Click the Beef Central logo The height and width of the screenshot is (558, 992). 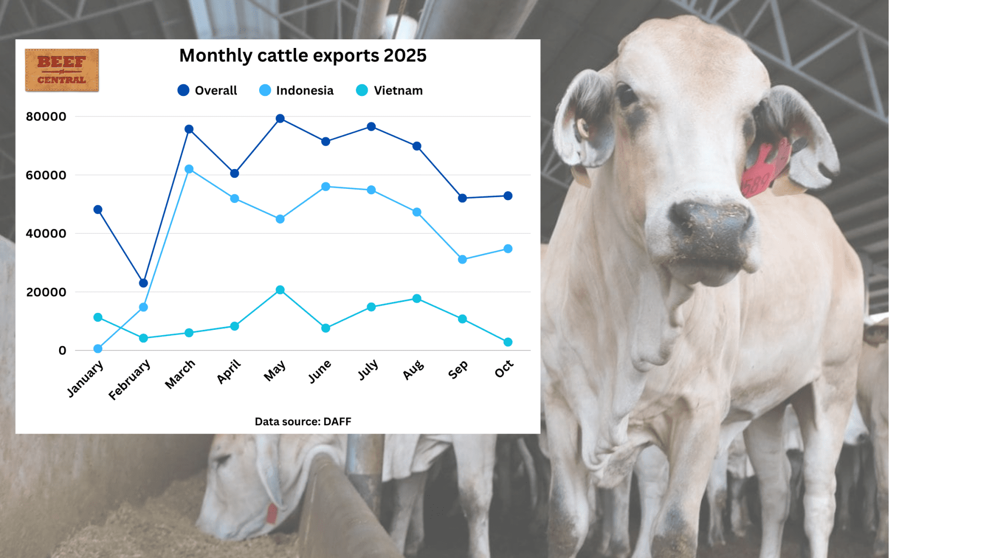[x=62, y=70]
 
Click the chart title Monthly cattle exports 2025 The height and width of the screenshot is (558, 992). [x=303, y=56]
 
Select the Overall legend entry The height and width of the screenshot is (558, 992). [x=207, y=91]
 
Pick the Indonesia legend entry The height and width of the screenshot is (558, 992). [x=296, y=91]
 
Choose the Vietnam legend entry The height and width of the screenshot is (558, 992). [x=389, y=91]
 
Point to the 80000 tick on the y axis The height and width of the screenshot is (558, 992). [x=46, y=117]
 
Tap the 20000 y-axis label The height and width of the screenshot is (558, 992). [x=46, y=292]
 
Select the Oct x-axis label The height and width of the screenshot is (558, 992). [x=504, y=369]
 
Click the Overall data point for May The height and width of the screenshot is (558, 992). [x=280, y=119]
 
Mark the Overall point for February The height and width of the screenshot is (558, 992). [x=143, y=283]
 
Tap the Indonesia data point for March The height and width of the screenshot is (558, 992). [x=189, y=169]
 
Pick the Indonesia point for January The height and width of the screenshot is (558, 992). [x=98, y=349]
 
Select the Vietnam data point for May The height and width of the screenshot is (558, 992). [x=280, y=290]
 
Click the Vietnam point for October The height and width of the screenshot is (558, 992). [x=508, y=342]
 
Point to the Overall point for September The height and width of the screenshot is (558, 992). [x=462, y=198]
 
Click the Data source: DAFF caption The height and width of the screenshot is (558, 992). [x=303, y=421]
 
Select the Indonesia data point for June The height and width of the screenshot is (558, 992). [x=325, y=187]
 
